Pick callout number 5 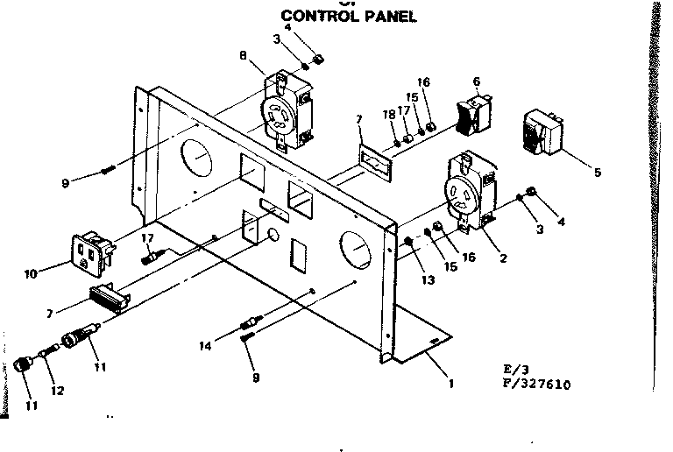[x=598, y=173]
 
